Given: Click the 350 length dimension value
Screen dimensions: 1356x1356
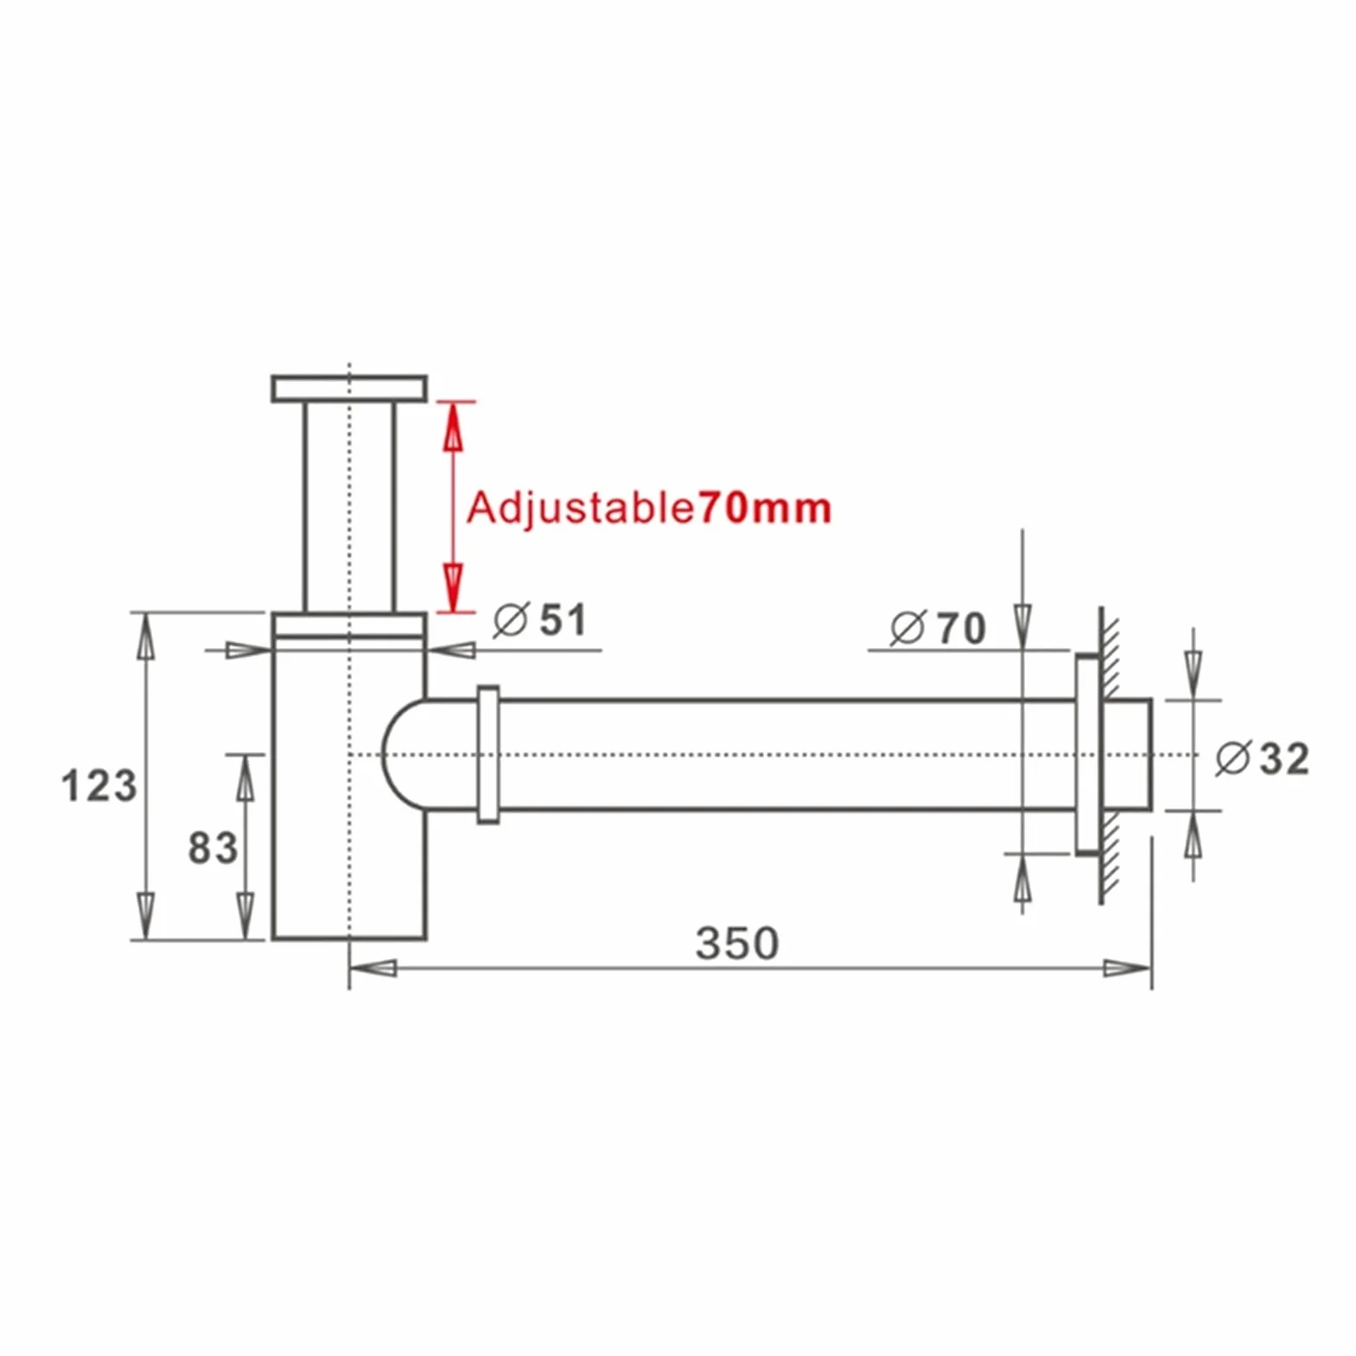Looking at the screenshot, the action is (x=737, y=943).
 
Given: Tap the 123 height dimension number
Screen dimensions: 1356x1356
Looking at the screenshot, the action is (x=99, y=786).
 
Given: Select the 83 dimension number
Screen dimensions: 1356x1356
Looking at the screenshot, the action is (x=213, y=848).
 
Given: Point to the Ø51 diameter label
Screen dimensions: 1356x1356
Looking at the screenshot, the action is (x=540, y=620).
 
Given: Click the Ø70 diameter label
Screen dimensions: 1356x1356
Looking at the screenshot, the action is (x=938, y=627).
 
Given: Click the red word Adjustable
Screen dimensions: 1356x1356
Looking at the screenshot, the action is (x=580, y=508).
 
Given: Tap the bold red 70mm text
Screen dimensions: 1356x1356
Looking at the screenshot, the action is (x=764, y=507).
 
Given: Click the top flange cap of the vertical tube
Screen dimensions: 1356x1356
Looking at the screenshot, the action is (x=349, y=388).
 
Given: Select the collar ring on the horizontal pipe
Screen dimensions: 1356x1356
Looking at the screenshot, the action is (x=488, y=754).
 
